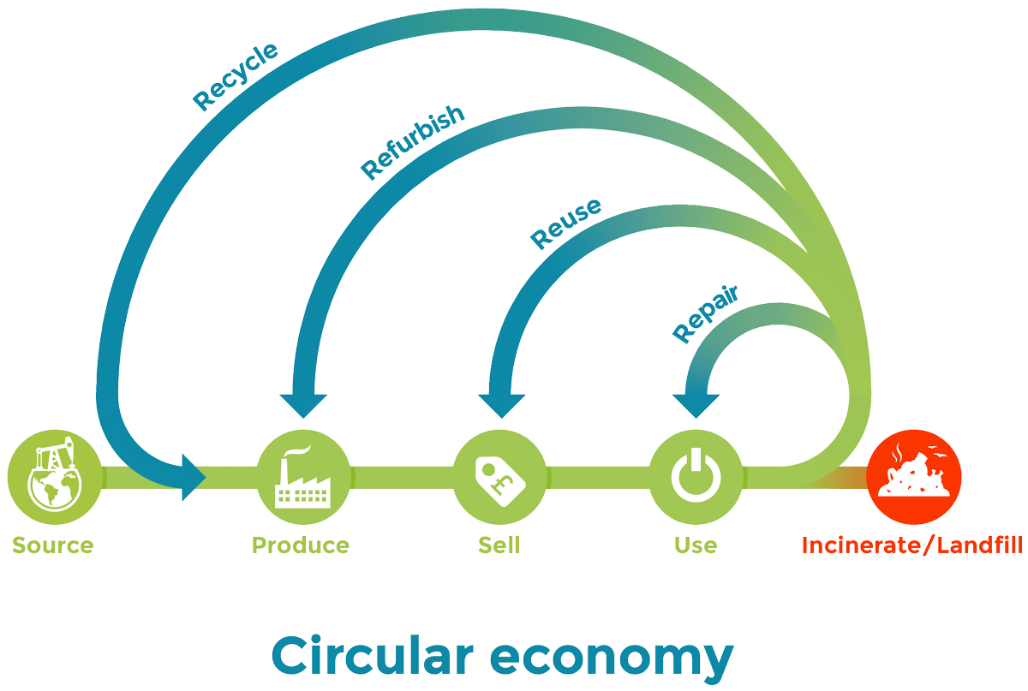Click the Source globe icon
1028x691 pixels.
click(53, 477)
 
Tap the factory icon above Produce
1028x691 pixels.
click(303, 477)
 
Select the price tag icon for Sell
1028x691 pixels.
click(499, 477)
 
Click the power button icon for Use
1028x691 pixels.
click(696, 477)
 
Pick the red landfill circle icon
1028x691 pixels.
click(914, 477)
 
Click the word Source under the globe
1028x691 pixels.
click(52, 545)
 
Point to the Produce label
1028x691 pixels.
click(300, 545)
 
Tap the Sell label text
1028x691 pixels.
click(499, 545)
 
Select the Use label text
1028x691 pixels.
click(696, 545)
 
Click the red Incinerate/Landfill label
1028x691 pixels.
click(912, 545)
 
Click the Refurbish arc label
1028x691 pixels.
click(412, 144)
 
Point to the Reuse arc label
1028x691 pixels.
click(565, 223)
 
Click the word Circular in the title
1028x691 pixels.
click(372, 655)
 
